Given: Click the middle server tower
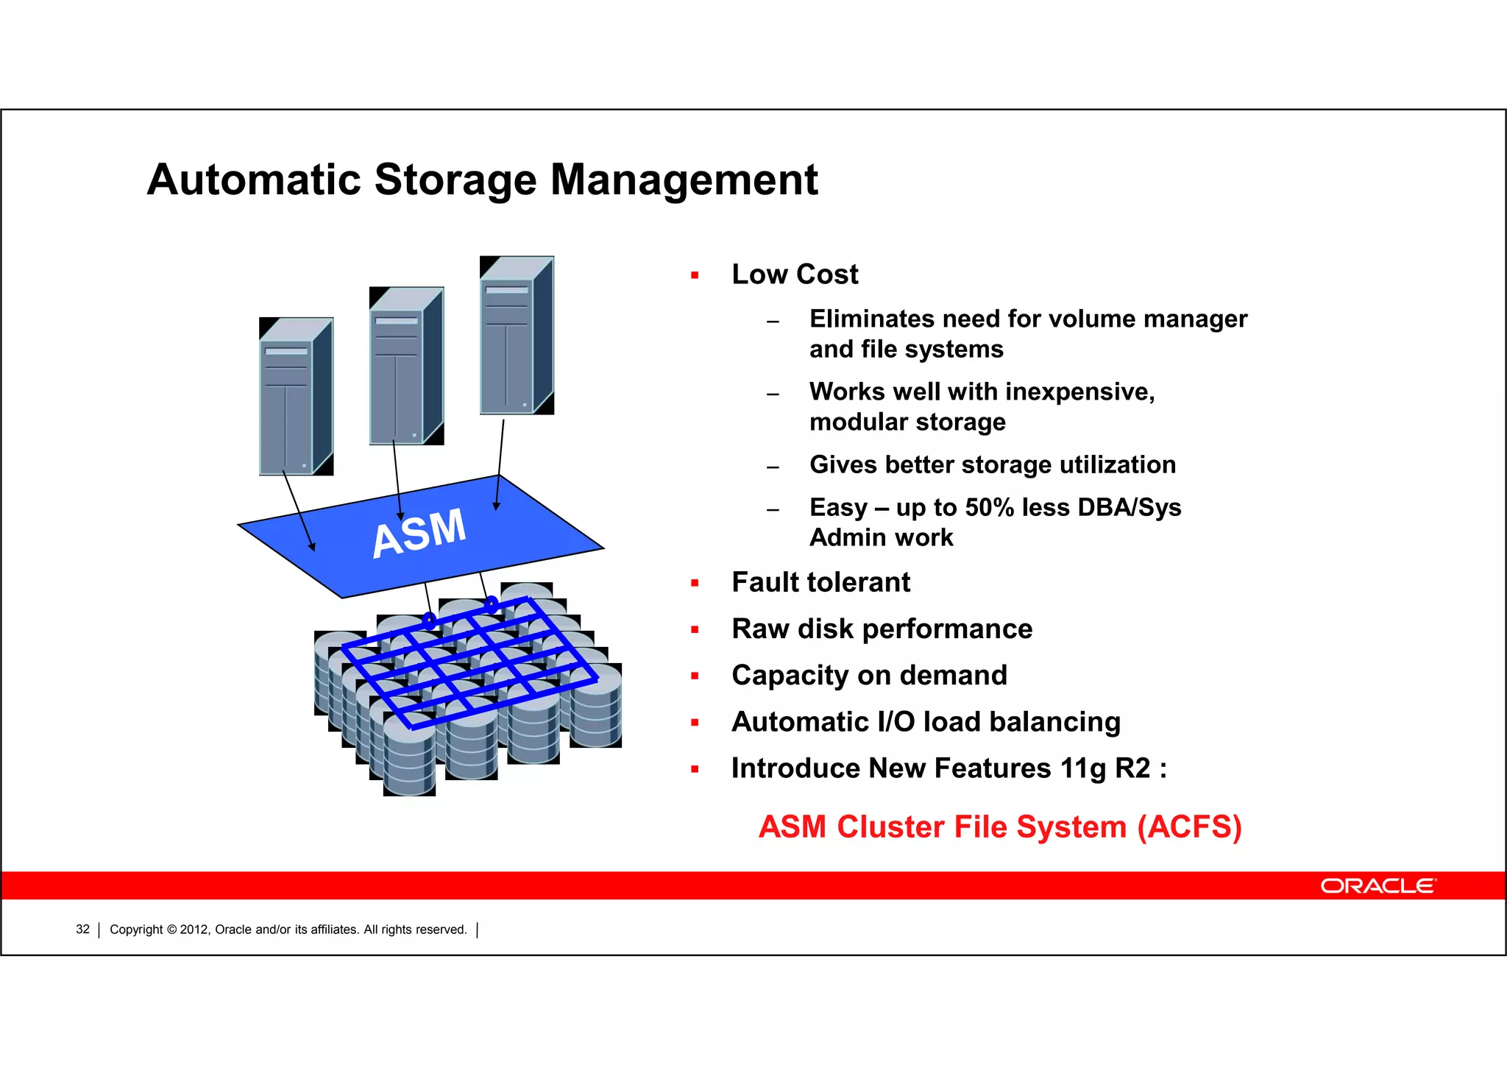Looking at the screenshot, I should tap(405, 367).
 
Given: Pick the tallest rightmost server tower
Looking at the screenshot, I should tap(516, 336).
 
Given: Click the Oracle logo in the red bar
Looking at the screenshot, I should tap(1377, 885).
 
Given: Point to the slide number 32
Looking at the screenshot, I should tap(82, 930).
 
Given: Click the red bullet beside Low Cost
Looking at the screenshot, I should tap(695, 276).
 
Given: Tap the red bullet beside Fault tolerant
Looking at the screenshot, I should tap(695, 584).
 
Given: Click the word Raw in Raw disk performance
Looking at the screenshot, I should tap(760, 629).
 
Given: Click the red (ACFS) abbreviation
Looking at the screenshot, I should tap(1189, 827).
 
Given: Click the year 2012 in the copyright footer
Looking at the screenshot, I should tap(194, 930).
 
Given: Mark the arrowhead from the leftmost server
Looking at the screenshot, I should tap(312, 546).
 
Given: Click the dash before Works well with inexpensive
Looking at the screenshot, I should tap(772, 394).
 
